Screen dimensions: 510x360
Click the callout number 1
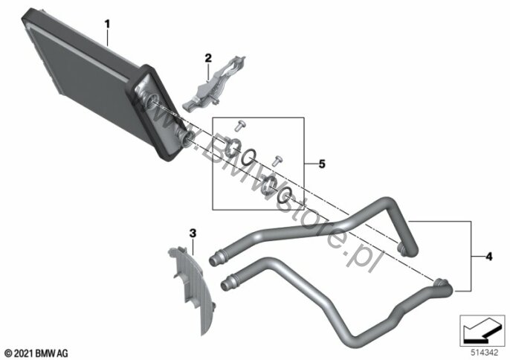tap(107, 24)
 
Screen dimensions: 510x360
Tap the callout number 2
tap(208, 58)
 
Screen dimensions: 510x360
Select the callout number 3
tap(193, 233)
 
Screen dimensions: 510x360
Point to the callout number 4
tap(489, 257)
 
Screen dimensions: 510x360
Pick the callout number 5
tap(322, 164)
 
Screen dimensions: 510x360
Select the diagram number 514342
tap(485, 352)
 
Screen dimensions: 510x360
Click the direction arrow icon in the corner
tap(482, 330)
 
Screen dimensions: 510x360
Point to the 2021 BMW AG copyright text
tap(36, 353)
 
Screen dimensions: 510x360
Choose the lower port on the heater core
tap(184, 136)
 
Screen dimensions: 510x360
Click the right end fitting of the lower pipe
tap(442, 284)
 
